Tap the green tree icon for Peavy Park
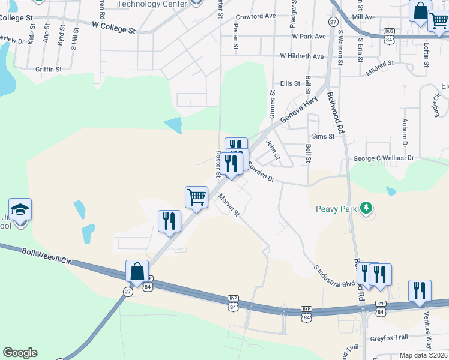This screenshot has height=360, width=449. tap(365, 209)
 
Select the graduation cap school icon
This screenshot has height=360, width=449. tap(20, 210)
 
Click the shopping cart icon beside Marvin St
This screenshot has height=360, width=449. tap(196, 197)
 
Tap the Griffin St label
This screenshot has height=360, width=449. tap(49, 70)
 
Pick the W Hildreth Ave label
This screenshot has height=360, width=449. tap(302, 56)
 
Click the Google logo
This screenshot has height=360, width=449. tap(20, 353)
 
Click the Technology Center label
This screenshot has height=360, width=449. tap(148, 4)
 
